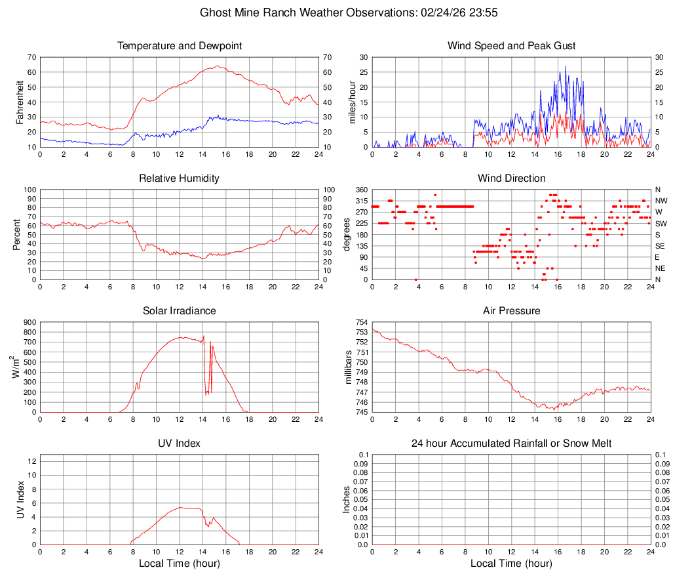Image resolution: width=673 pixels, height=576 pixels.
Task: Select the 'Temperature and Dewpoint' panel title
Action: [180, 46]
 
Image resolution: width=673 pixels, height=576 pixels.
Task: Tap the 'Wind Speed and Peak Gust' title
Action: [511, 46]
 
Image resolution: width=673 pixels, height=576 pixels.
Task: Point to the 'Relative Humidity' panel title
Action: [180, 178]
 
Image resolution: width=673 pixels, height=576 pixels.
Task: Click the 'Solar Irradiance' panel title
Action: [180, 311]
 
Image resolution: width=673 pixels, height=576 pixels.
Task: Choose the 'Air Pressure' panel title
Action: [511, 311]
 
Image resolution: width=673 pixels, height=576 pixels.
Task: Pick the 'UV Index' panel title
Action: [180, 443]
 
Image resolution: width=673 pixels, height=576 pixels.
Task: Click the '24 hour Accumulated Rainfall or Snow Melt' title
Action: [511, 443]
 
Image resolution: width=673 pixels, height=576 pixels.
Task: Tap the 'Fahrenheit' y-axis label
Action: [20, 102]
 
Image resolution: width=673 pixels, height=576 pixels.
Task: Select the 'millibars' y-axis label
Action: [349, 367]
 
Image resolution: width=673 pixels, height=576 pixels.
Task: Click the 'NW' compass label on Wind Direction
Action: [661, 201]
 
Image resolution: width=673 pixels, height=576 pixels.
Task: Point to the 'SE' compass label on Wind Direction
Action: [661, 246]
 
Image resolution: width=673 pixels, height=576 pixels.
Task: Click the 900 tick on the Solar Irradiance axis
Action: [29, 323]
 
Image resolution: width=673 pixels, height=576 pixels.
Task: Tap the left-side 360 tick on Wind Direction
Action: [359, 190]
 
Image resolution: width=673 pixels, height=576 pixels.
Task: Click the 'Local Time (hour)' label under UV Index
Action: [180, 564]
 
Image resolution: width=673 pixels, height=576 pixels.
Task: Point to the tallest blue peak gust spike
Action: [566, 66]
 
